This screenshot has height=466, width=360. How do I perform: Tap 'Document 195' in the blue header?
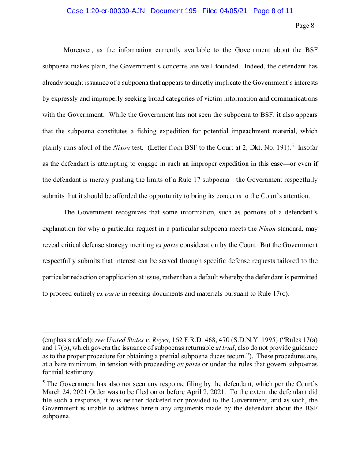click(173, 11)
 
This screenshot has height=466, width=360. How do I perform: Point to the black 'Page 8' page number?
click(305, 26)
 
